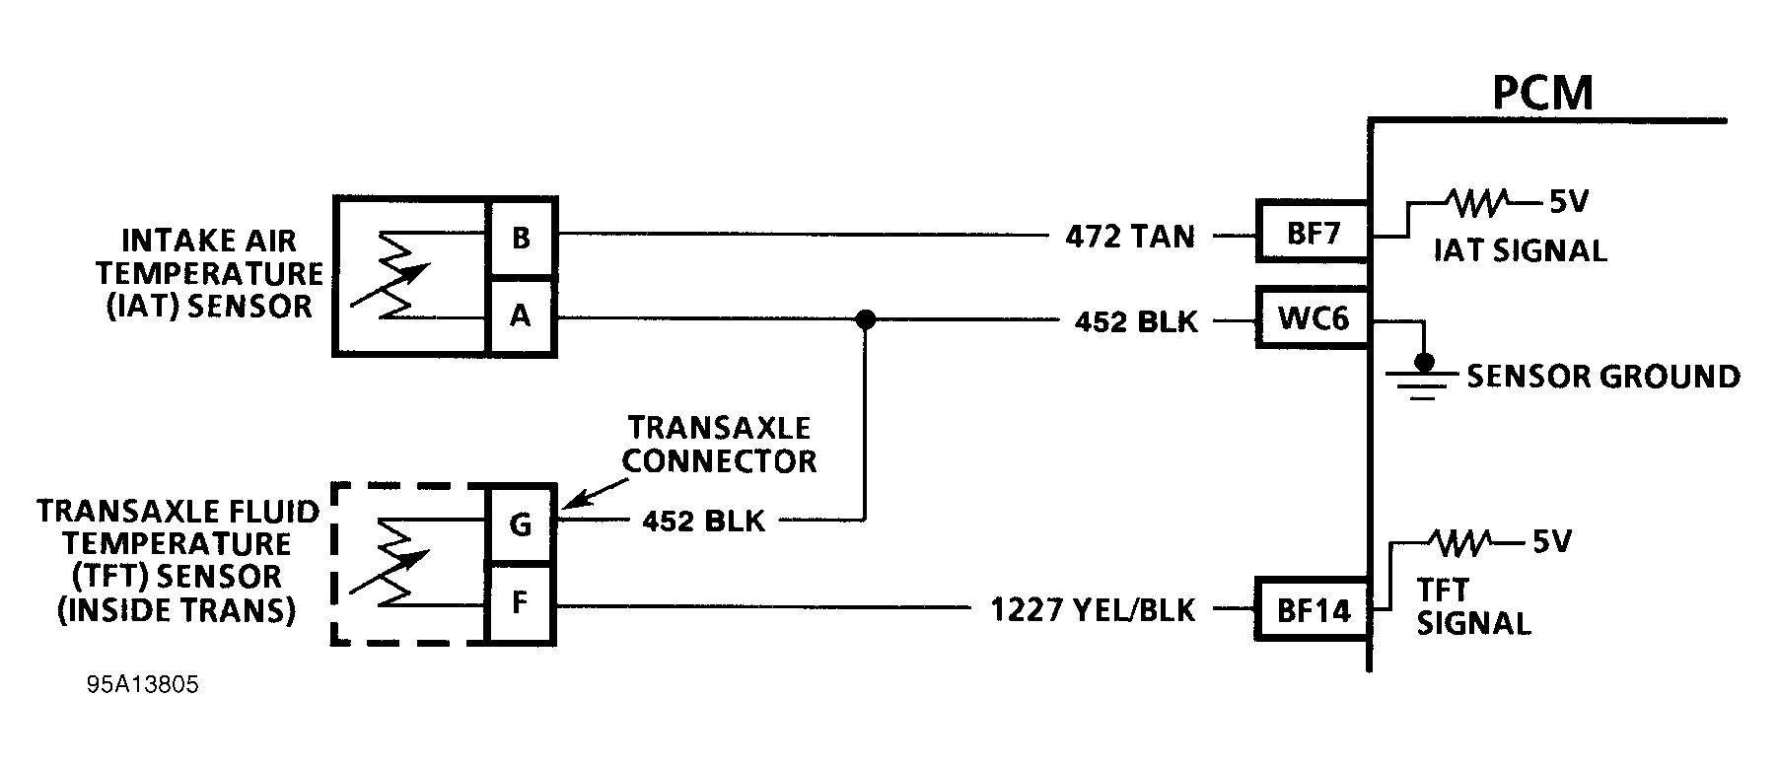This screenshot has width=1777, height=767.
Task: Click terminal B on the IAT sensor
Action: click(522, 238)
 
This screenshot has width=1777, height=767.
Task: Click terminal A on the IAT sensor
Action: click(522, 316)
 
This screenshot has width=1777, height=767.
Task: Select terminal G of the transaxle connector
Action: click(522, 523)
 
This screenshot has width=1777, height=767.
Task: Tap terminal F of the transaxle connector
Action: click(522, 602)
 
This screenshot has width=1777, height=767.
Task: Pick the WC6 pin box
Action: click(1313, 317)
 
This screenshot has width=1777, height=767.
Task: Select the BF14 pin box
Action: click(1313, 610)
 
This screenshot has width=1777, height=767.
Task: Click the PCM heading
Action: click(1542, 94)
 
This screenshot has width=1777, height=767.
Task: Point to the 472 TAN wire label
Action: click(1130, 237)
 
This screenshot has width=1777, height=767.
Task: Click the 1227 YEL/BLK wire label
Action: click(1093, 610)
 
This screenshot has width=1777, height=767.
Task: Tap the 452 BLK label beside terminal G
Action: click(703, 521)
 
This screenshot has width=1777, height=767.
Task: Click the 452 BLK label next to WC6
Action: click(1136, 321)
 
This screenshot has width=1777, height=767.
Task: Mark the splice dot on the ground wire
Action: click(865, 318)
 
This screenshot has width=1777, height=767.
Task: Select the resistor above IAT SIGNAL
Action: click(1476, 203)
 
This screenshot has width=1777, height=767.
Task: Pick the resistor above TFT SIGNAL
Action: click(1461, 541)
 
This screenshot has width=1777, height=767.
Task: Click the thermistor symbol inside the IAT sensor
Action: click(391, 275)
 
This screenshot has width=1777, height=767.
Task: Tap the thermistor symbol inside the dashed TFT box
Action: click(391, 563)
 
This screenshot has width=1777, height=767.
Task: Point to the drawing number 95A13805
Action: click(142, 685)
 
